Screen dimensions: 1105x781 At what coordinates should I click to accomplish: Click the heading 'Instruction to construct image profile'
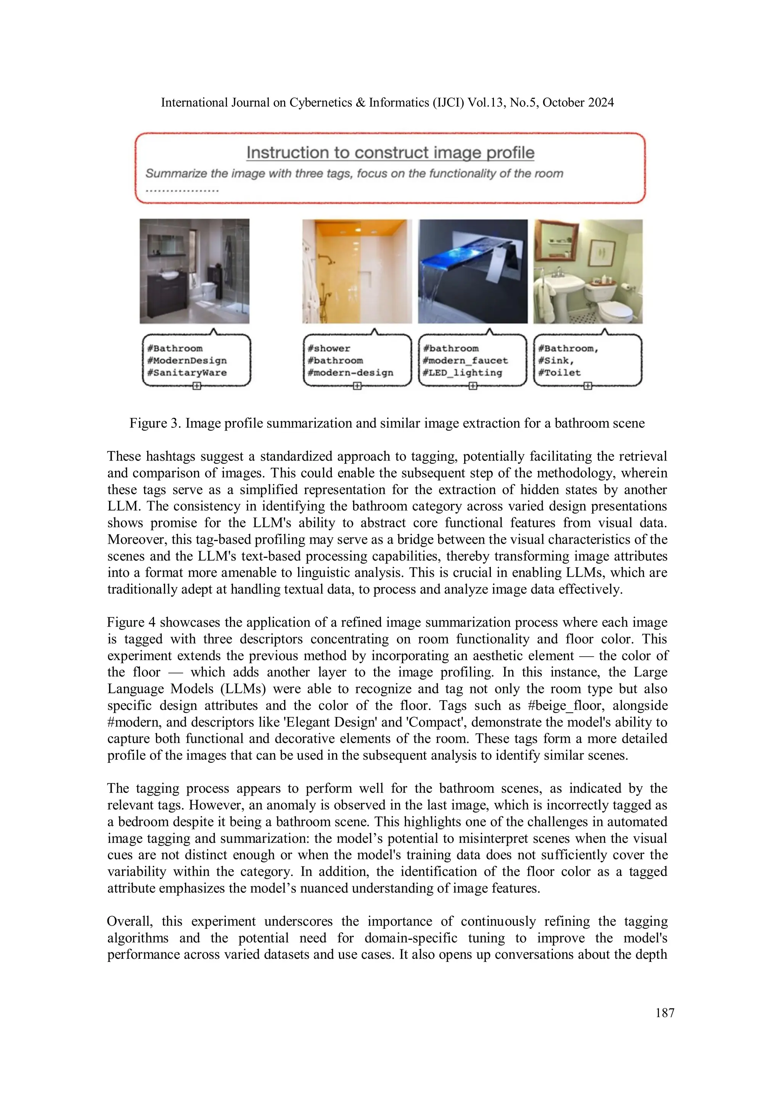point(390,153)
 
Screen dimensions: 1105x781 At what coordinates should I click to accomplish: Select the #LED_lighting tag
point(462,372)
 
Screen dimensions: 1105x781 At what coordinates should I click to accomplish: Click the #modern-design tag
point(350,372)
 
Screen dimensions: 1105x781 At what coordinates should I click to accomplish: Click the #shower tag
point(329,348)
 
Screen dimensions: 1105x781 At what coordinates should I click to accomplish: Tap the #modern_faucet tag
point(465,361)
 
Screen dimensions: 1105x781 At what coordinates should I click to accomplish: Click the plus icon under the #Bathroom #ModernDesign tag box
point(196,386)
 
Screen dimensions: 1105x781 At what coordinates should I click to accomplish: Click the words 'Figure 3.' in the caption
point(155,424)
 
